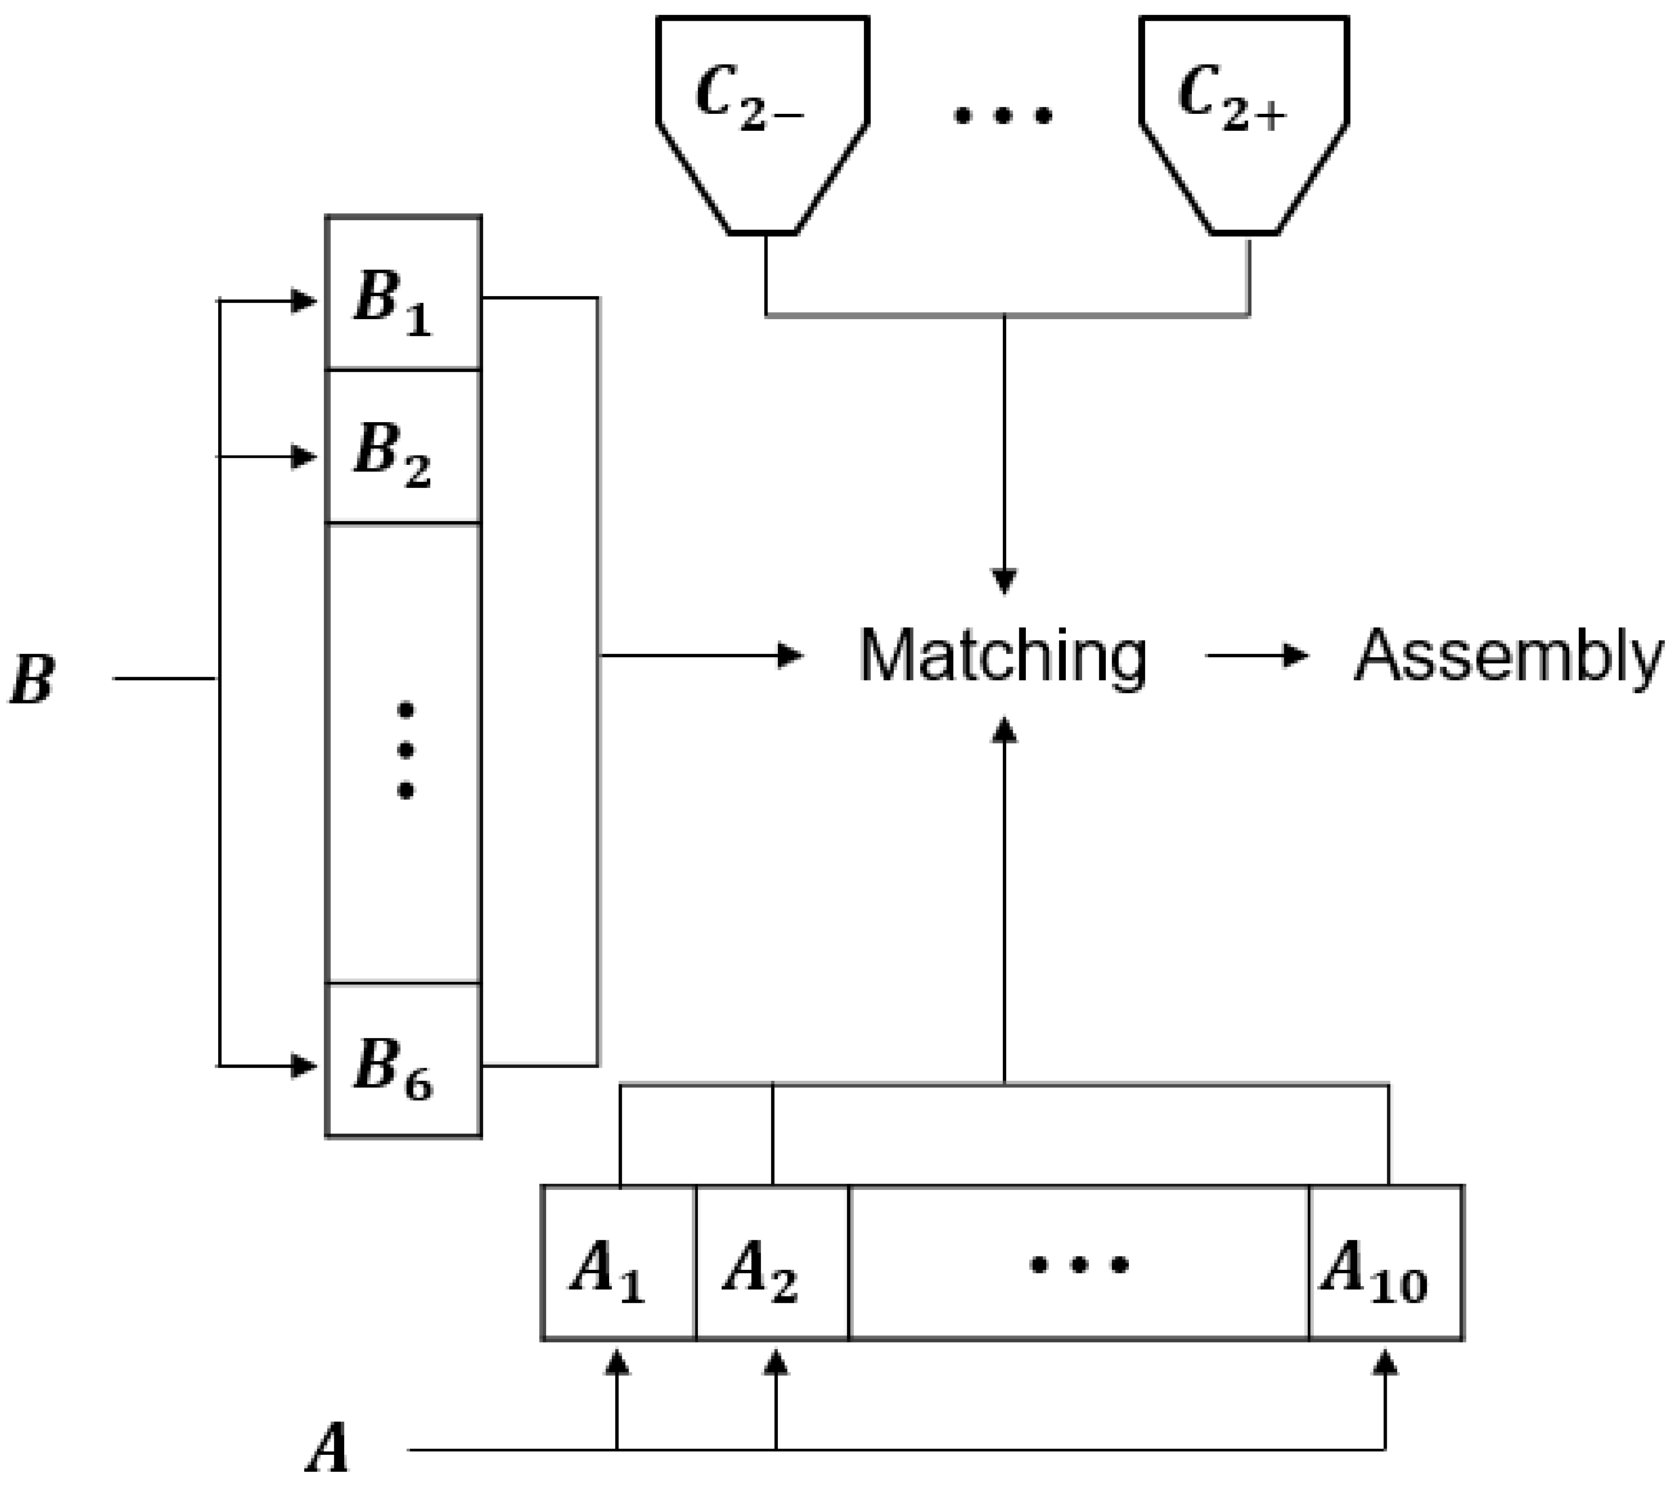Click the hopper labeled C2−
click(762, 115)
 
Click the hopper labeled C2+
click(1245, 115)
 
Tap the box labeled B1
click(403, 294)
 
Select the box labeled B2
click(403, 447)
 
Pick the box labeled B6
click(403, 1061)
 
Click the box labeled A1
click(619, 1264)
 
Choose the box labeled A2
click(772, 1264)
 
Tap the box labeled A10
click(1386, 1264)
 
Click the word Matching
click(1003, 657)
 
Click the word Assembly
click(1508, 657)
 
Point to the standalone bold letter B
click(33, 680)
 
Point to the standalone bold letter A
click(328, 1450)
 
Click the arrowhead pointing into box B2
click(305, 456)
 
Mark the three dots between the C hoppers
click(1003, 116)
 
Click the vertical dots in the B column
click(405, 750)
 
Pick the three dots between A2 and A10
click(1079, 1264)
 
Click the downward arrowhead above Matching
click(1004, 580)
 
